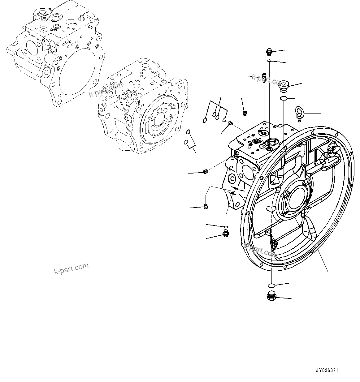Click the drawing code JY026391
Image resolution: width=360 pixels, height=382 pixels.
coord(327,370)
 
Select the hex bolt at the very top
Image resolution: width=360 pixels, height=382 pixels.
coord(269,52)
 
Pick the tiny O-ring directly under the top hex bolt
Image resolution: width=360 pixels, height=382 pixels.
coord(270,60)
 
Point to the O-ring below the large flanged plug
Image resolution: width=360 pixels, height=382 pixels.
coord(283,99)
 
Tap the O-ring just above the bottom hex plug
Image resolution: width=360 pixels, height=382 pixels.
coord(271,285)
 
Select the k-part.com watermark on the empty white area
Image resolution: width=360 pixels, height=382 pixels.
coord(71,268)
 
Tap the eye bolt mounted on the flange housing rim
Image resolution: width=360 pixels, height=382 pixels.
coord(332,151)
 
